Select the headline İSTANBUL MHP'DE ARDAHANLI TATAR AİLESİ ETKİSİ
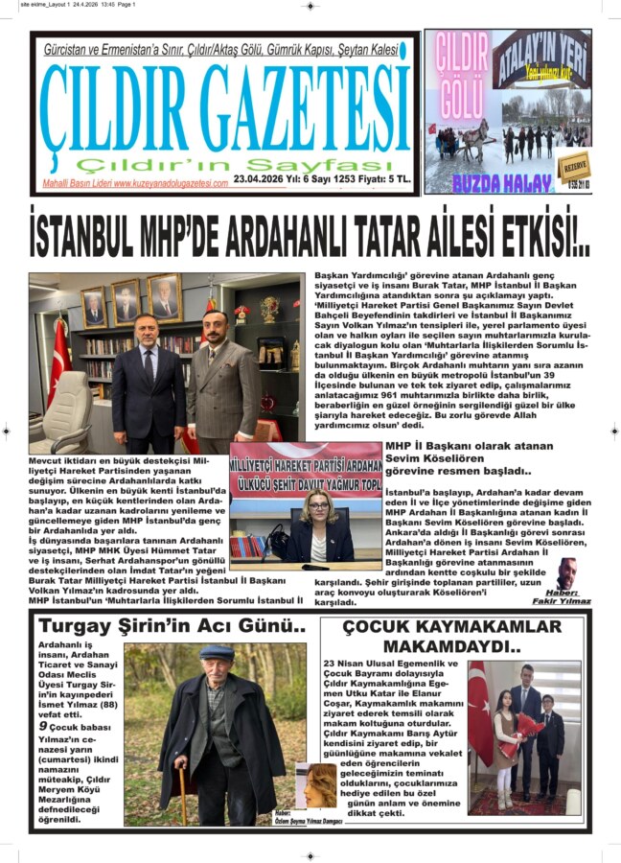(x=309, y=236)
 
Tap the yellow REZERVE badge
(x=574, y=164)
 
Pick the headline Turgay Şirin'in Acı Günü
(x=172, y=627)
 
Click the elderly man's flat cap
(x=217, y=652)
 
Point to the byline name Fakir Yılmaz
(x=563, y=601)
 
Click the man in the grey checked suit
(x=220, y=375)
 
